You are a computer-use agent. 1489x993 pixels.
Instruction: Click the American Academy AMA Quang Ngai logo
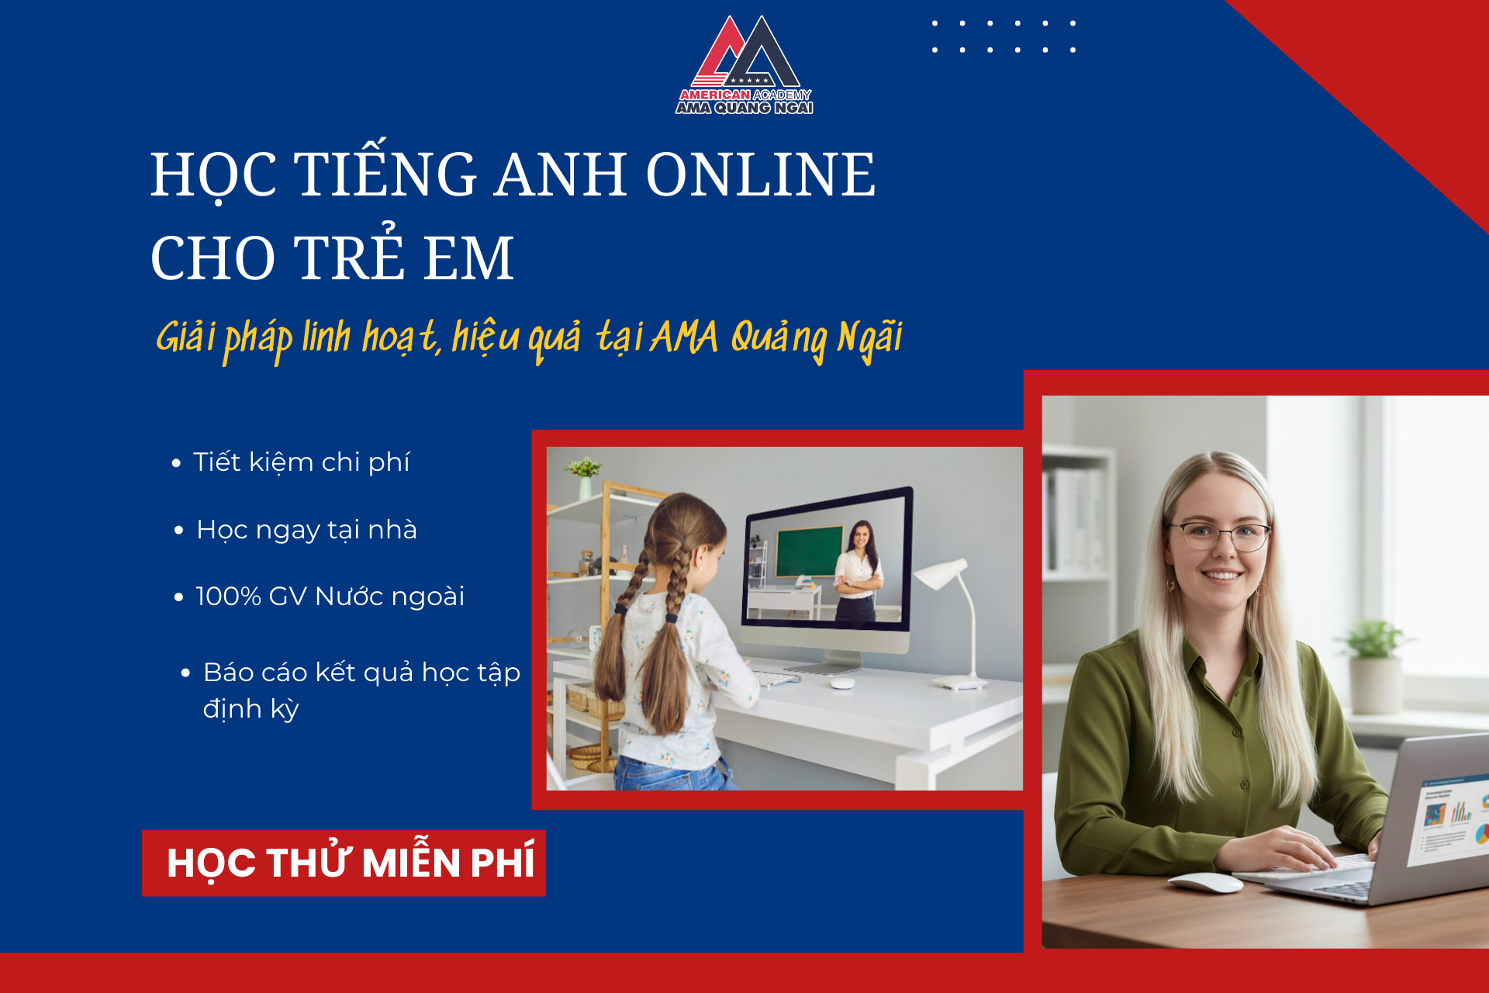(x=744, y=67)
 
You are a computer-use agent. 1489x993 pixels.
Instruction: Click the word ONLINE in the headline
(x=760, y=174)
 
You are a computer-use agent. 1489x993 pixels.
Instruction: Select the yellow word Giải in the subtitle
(x=185, y=337)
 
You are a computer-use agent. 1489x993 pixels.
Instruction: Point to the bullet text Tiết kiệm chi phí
(x=301, y=462)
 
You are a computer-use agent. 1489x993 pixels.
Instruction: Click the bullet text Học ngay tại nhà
(x=306, y=530)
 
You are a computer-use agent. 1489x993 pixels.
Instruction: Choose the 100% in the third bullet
(x=228, y=597)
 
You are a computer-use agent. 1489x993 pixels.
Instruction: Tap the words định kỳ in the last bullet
(x=250, y=709)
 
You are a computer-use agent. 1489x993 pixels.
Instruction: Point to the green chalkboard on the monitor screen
(x=809, y=550)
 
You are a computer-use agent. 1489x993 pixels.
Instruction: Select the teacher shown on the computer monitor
(x=859, y=570)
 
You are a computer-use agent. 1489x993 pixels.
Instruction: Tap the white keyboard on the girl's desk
(x=776, y=679)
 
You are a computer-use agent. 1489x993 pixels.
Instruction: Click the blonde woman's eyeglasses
(x=1221, y=535)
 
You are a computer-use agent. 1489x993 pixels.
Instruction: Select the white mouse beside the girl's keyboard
(x=842, y=683)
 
